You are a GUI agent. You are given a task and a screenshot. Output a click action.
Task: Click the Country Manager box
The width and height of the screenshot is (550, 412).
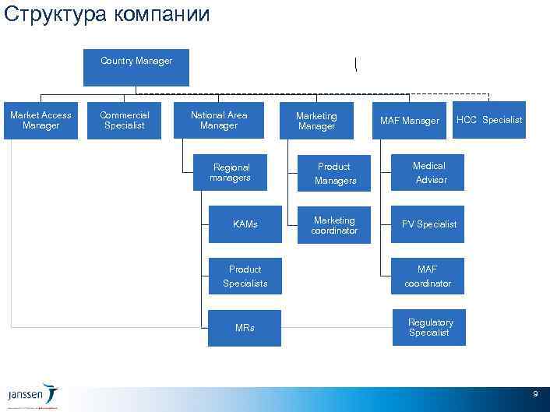click(136, 68)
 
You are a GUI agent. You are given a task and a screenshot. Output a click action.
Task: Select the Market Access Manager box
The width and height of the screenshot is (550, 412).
click(41, 121)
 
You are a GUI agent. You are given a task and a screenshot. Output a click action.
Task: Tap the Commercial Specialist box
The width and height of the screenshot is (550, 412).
click(125, 121)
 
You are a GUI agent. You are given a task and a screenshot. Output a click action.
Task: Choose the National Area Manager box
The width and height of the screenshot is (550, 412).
click(219, 121)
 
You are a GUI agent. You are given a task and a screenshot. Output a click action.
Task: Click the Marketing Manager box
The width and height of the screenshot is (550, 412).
click(316, 121)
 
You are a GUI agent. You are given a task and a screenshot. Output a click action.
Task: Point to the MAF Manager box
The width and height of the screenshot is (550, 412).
click(409, 121)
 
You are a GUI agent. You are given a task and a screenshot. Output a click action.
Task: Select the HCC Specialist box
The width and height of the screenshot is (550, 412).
click(489, 120)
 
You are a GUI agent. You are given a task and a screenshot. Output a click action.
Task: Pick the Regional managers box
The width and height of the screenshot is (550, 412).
click(231, 172)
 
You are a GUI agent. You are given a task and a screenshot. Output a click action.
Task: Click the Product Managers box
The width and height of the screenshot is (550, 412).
click(335, 173)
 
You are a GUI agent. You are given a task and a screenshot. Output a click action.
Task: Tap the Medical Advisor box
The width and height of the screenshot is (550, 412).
click(429, 172)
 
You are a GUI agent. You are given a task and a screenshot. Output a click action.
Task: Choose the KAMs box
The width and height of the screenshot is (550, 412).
click(245, 224)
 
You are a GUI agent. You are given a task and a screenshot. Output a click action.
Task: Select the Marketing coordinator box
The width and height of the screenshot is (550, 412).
click(334, 225)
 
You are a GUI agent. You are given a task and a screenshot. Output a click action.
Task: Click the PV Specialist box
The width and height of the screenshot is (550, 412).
click(428, 224)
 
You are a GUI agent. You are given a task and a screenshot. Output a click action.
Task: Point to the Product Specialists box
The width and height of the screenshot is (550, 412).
click(245, 276)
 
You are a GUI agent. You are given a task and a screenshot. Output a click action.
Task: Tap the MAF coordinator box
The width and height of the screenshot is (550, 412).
click(428, 276)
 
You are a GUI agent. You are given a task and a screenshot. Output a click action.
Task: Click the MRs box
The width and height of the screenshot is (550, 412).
click(245, 328)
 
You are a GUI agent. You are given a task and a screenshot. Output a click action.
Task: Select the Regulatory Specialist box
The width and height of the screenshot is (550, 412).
click(430, 327)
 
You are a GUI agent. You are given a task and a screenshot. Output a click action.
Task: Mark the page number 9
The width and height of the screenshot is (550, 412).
click(535, 395)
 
